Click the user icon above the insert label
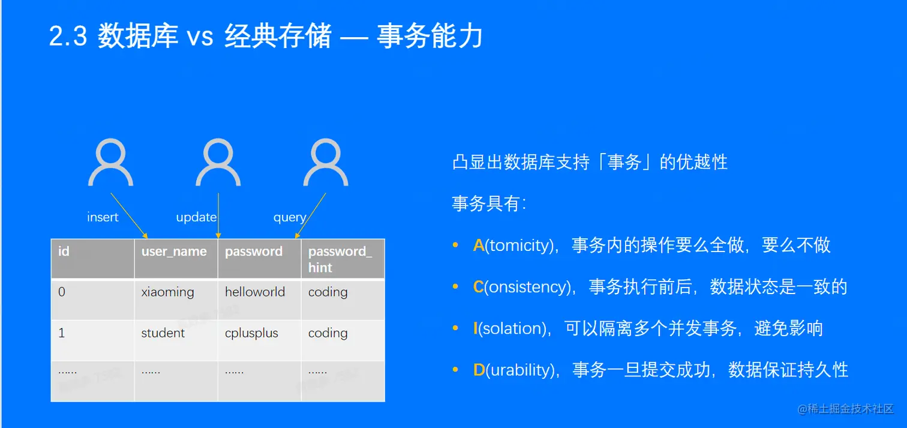(x=111, y=163)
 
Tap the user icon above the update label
(x=218, y=163)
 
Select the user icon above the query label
(x=326, y=163)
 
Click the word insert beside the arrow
(x=103, y=217)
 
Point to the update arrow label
(x=196, y=217)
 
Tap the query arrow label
(x=290, y=217)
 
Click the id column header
(x=64, y=252)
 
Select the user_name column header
(x=174, y=252)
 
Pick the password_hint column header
(x=340, y=259)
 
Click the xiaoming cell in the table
(x=168, y=292)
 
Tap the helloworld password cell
(x=255, y=292)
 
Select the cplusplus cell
(x=251, y=333)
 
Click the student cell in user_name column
(x=163, y=333)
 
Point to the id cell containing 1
(x=62, y=333)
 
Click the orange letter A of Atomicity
(x=479, y=246)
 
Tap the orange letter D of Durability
(x=479, y=370)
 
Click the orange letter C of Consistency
(x=479, y=288)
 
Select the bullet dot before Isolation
(x=455, y=328)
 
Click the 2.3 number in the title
(x=68, y=37)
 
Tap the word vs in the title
(x=200, y=37)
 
